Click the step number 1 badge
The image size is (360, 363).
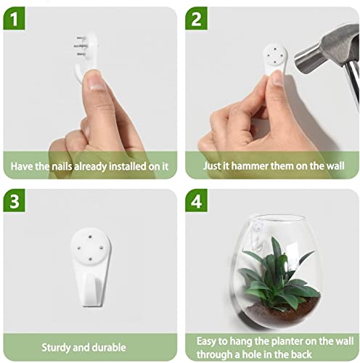point(13,20)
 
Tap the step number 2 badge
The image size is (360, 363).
point(197,20)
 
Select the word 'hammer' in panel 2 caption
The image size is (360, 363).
point(250,166)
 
